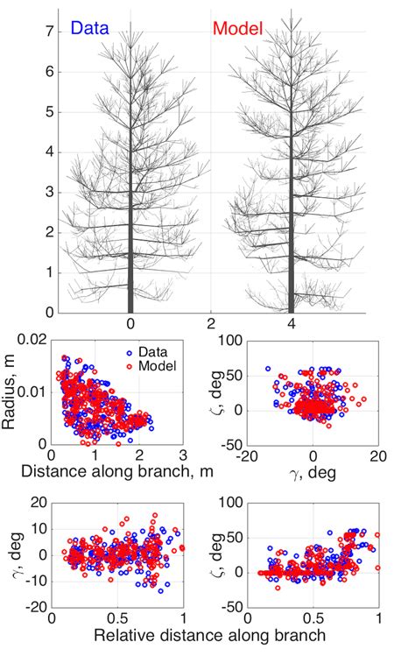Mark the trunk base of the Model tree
pos(291,310)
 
